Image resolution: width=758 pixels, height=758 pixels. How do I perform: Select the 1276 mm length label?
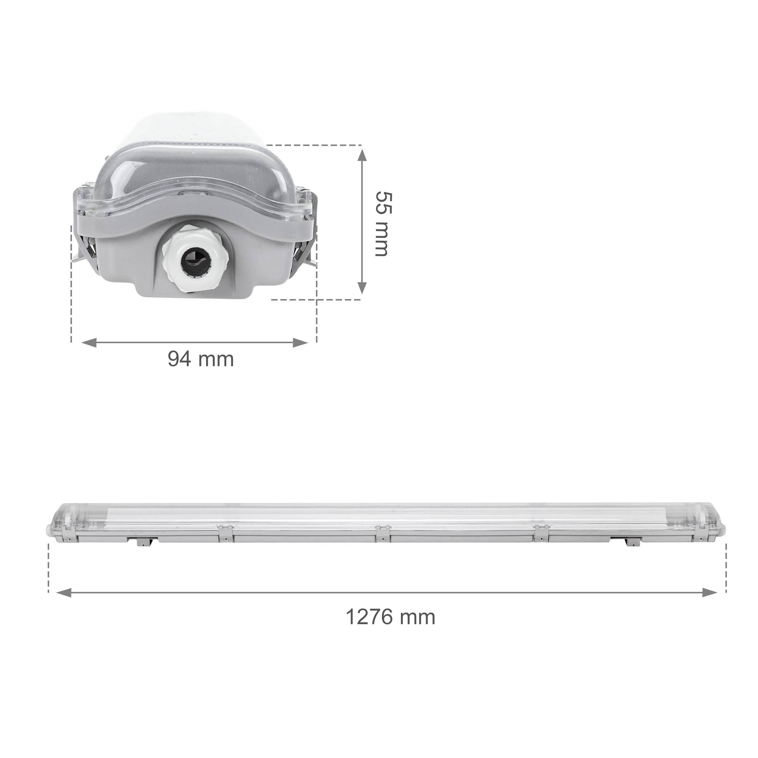point(390,616)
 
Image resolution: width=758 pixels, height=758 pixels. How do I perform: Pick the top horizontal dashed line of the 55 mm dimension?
point(314,145)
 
